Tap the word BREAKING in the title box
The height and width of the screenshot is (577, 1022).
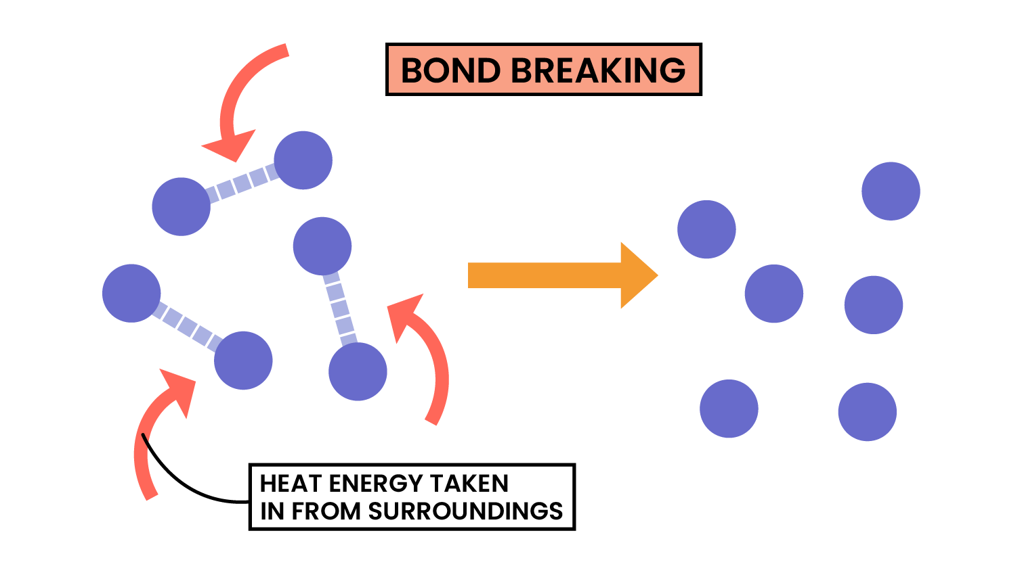pyautogui.click(x=597, y=70)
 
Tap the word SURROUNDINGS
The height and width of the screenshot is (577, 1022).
pyautogui.click(x=465, y=511)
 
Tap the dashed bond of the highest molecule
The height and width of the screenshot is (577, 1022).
pyautogui.click(x=242, y=183)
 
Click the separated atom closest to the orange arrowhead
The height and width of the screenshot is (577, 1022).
pyautogui.click(x=706, y=229)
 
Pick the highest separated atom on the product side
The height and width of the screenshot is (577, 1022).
pyautogui.click(x=891, y=191)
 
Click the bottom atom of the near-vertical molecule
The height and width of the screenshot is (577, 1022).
pyautogui.click(x=358, y=371)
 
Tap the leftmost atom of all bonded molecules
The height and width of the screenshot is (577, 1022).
pyautogui.click(x=131, y=293)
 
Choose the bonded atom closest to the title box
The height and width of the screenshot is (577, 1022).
pyautogui.click(x=303, y=160)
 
